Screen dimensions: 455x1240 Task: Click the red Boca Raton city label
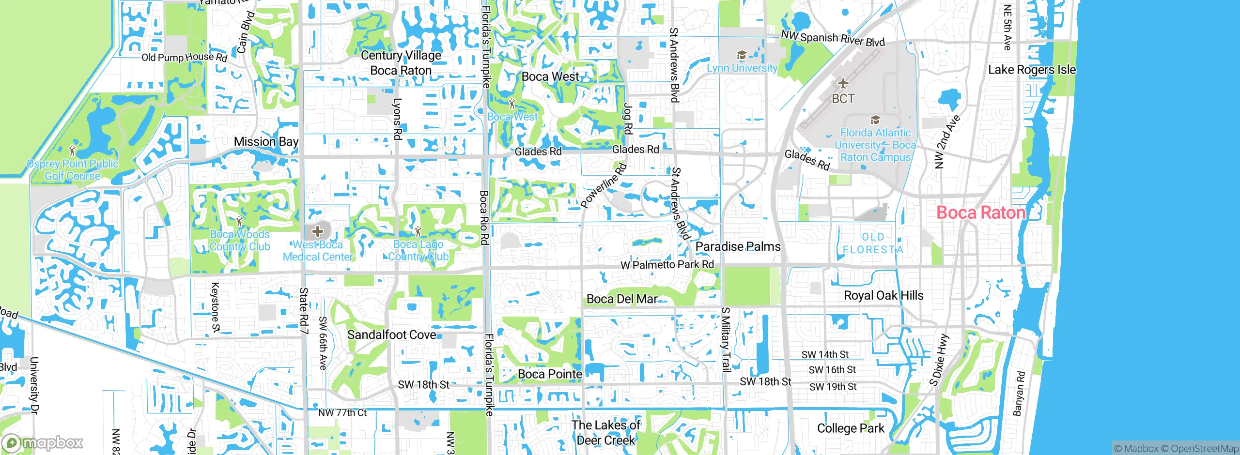(x=980, y=212)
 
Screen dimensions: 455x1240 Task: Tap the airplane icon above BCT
(x=843, y=83)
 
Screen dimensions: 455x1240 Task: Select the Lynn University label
(x=742, y=68)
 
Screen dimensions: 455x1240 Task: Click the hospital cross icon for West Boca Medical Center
(x=317, y=231)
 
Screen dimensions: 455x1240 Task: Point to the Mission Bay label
(x=266, y=142)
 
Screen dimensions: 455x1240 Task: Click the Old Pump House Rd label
(x=184, y=57)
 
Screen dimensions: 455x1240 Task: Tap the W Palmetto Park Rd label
(x=667, y=265)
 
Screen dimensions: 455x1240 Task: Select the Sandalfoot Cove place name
(x=391, y=334)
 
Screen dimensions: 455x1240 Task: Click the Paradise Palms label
(x=738, y=247)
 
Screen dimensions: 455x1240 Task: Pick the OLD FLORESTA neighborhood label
(x=872, y=243)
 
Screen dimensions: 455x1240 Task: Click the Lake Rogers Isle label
(x=1032, y=70)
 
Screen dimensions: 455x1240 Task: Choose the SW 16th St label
(x=832, y=370)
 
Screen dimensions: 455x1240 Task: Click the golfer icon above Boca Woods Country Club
(x=239, y=222)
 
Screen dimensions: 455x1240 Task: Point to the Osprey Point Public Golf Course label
(x=73, y=170)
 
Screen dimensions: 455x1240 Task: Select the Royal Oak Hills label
(x=883, y=296)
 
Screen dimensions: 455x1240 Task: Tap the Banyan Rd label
(x=1019, y=393)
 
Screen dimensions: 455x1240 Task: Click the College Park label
(x=850, y=428)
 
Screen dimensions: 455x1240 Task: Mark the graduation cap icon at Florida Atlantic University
(x=875, y=120)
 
